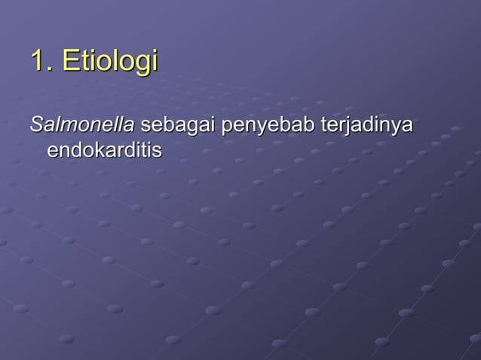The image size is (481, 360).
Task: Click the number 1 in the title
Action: pos(37,61)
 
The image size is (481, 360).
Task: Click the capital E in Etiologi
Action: pos(70,61)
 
